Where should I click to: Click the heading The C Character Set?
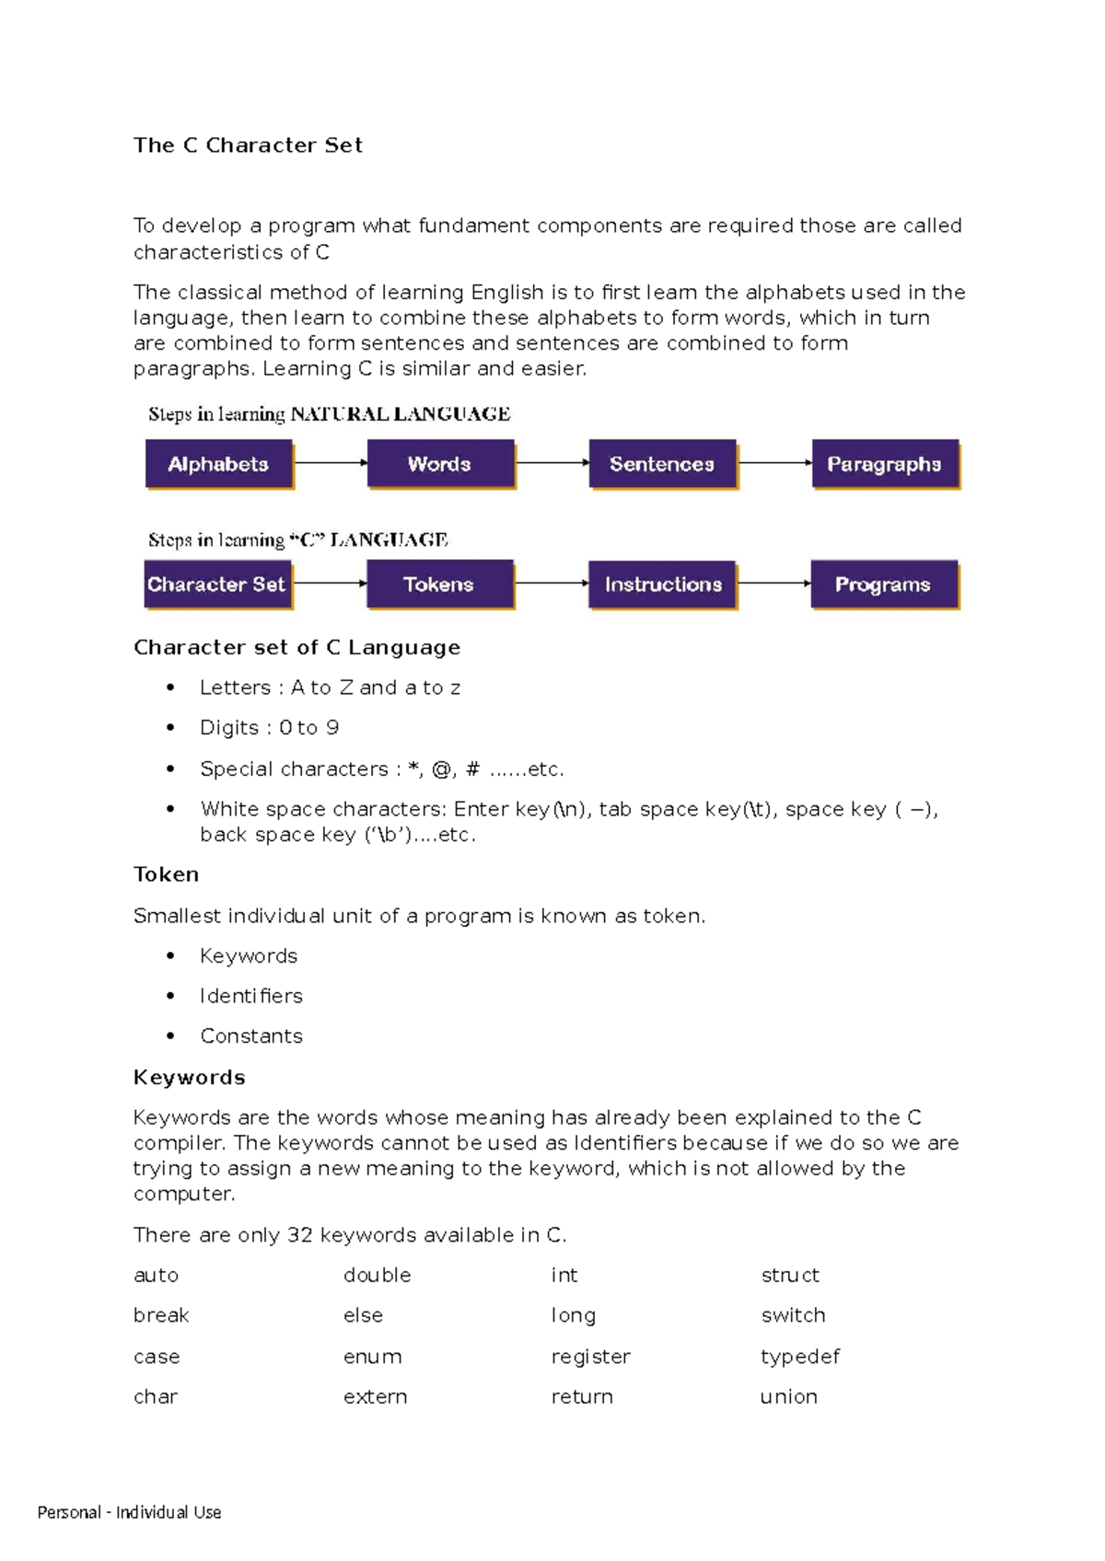click(x=248, y=145)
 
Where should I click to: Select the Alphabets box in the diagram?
click(x=219, y=464)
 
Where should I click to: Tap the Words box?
click(x=440, y=464)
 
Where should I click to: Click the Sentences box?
click(x=662, y=464)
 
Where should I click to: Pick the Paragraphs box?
click(x=884, y=464)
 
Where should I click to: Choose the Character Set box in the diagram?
click(x=217, y=584)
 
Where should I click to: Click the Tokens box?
click(x=439, y=584)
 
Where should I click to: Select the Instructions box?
click(x=662, y=584)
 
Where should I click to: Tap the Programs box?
click(x=883, y=584)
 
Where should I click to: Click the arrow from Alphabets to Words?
click(x=331, y=462)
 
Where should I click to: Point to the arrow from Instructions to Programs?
click(x=773, y=583)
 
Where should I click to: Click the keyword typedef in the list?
click(x=800, y=1357)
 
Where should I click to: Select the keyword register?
click(x=591, y=1357)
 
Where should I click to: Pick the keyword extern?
click(x=375, y=1397)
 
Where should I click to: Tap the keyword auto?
click(x=157, y=1276)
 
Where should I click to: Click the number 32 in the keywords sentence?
click(x=300, y=1235)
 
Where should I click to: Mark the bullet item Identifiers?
click(x=251, y=996)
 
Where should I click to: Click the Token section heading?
click(x=167, y=874)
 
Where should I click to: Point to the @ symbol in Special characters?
click(x=441, y=769)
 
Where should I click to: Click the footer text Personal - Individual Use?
click(x=130, y=1512)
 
